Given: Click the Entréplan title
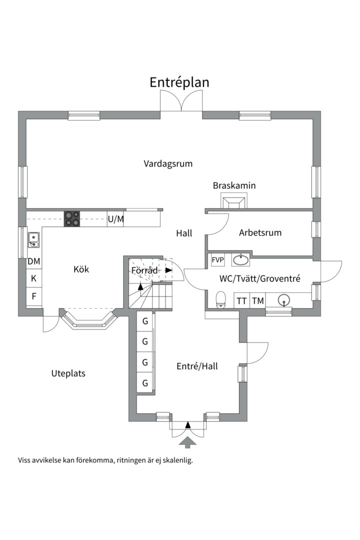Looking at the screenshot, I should pyautogui.click(x=179, y=82).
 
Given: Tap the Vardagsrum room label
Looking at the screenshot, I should pyautogui.click(x=168, y=163).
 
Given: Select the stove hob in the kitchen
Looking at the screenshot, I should pyautogui.click(x=71, y=218).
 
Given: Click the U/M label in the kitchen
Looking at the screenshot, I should pyautogui.click(x=116, y=219).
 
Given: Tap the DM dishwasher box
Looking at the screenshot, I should pyautogui.click(x=34, y=261).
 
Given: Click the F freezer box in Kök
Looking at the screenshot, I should pyautogui.click(x=34, y=296).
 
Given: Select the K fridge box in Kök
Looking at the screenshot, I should pyautogui.click(x=34, y=278).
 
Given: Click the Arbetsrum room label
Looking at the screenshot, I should pyautogui.click(x=260, y=232).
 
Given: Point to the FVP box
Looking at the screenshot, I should pyautogui.click(x=217, y=260).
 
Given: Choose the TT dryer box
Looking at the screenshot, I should pyautogui.click(x=242, y=300).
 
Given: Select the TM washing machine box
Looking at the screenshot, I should pyautogui.click(x=257, y=300).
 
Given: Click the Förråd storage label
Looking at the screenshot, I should pyautogui.click(x=144, y=270).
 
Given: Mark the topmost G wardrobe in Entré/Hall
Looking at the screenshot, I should pyautogui.click(x=145, y=321).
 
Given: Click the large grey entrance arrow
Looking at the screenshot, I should pyautogui.click(x=188, y=441).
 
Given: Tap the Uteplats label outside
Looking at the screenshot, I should pyautogui.click(x=68, y=373).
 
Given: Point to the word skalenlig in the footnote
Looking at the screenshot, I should pyautogui.click(x=177, y=460).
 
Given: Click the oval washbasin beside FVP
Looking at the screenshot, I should pyautogui.click(x=241, y=259).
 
